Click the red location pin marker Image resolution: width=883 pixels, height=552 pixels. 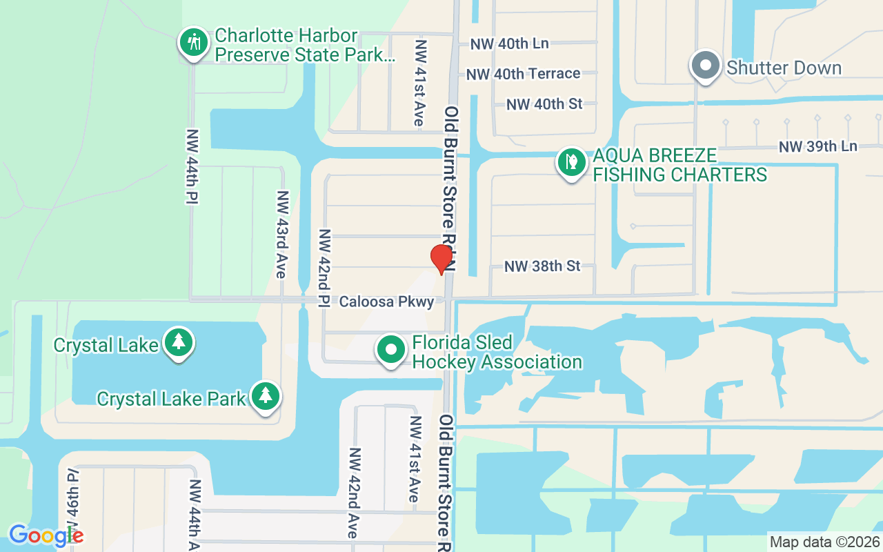pyautogui.click(x=441, y=259)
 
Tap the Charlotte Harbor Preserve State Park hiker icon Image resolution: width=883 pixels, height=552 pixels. pyautogui.click(x=194, y=43)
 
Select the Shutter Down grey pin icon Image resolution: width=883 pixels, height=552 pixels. pyautogui.click(x=705, y=66)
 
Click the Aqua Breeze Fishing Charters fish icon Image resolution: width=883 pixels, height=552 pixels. pyautogui.click(x=571, y=163)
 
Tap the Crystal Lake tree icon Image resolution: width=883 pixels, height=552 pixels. pyautogui.click(x=179, y=342)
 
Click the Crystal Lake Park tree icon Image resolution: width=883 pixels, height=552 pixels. pyautogui.click(x=266, y=397)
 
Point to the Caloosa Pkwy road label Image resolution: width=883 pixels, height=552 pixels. pyautogui.click(x=386, y=302)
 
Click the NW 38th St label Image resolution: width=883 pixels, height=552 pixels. pyautogui.click(x=542, y=266)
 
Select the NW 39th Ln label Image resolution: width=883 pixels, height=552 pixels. pyautogui.click(x=817, y=146)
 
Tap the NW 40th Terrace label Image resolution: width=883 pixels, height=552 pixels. pyautogui.click(x=523, y=73)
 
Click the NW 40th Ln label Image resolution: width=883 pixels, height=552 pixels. pyautogui.click(x=509, y=43)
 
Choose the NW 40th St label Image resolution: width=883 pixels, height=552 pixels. pyautogui.click(x=544, y=104)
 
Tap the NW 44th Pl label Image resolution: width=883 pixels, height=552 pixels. pyautogui.click(x=192, y=166)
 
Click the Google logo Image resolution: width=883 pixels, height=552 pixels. pyautogui.click(x=46, y=535)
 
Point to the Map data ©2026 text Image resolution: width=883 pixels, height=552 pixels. pyautogui.click(x=824, y=542)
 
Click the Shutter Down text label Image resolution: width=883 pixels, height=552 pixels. pyautogui.click(x=784, y=68)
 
